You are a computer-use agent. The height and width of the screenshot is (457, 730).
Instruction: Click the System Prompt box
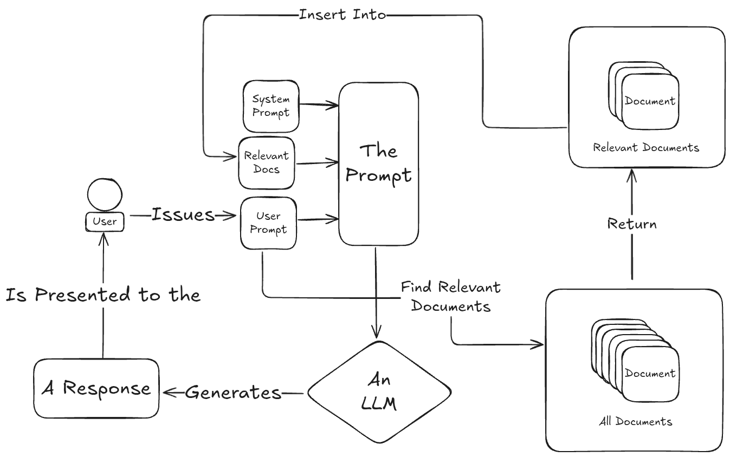[270, 106]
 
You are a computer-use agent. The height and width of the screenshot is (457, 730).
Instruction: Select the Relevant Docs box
[266, 162]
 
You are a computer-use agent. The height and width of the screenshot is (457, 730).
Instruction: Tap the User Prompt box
[268, 223]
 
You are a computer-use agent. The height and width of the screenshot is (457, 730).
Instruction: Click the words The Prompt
[379, 163]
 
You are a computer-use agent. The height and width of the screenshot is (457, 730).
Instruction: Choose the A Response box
[96, 388]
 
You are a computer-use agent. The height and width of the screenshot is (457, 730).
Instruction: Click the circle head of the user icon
[105, 195]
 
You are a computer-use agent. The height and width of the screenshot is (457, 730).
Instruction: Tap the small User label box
[105, 221]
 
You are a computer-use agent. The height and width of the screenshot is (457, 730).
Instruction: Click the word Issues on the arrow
[183, 215]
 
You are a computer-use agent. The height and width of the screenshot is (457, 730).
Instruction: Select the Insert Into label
[342, 15]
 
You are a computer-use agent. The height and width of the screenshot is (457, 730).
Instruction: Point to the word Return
[632, 224]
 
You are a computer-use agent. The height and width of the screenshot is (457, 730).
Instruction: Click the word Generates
[234, 393]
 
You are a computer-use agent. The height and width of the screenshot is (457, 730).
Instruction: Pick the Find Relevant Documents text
[451, 296]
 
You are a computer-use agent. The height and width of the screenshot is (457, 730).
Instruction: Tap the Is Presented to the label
[103, 295]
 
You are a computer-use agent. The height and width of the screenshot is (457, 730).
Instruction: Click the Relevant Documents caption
[646, 147]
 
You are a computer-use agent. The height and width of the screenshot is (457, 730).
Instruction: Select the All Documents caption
[635, 422]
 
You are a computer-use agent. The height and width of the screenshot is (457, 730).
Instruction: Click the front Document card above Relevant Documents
[650, 101]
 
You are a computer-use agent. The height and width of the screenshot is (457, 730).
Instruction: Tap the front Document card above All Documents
[650, 374]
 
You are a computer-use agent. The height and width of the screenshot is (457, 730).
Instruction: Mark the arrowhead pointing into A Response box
[166, 393]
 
